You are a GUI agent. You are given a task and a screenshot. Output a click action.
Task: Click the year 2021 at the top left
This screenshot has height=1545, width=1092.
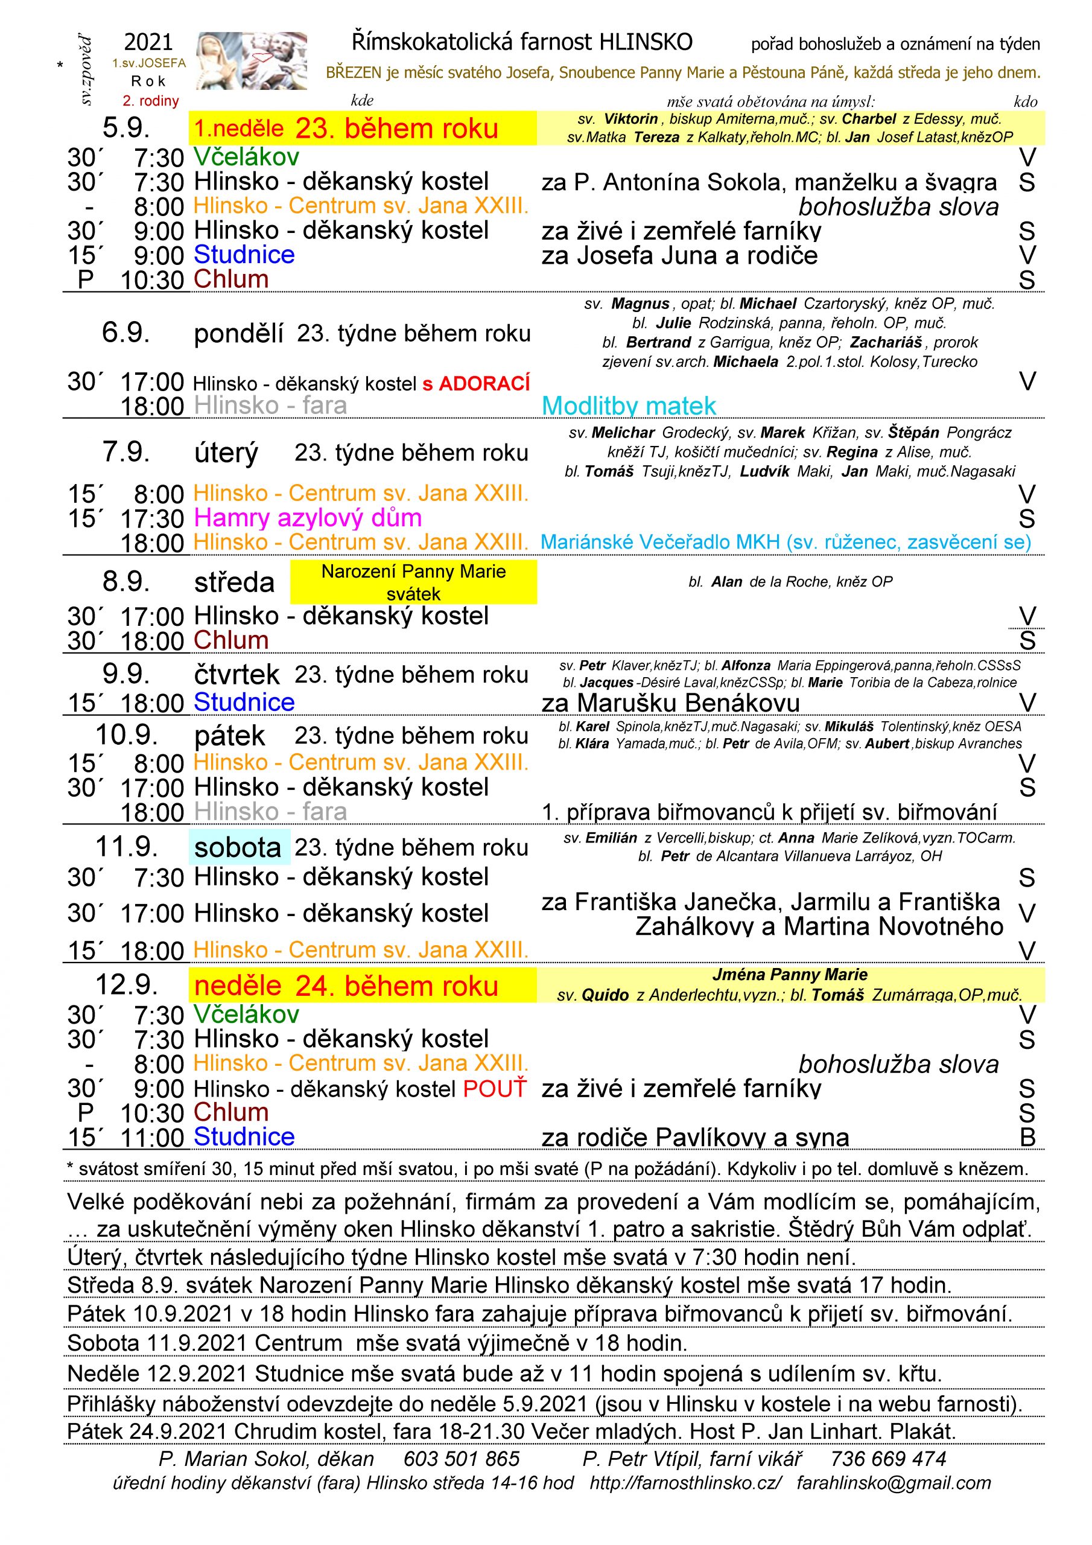point(148,43)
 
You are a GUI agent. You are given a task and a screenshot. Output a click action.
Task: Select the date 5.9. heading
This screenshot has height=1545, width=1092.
point(126,128)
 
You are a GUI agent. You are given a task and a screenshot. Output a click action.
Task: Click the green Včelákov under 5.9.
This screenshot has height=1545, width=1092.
point(246,158)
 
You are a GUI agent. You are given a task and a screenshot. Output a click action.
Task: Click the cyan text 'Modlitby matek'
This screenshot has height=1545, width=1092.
point(629,406)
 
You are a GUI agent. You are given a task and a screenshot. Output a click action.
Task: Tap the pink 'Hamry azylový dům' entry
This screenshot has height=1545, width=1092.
point(308,518)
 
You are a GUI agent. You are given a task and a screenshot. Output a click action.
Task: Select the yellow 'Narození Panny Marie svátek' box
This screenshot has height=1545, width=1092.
point(413,582)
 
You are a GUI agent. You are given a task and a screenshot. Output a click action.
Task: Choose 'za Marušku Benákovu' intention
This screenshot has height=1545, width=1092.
point(670,703)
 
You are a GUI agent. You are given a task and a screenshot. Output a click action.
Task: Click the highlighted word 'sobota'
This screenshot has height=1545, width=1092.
point(238,847)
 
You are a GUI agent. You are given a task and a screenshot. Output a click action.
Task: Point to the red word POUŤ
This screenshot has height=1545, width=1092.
point(495,1089)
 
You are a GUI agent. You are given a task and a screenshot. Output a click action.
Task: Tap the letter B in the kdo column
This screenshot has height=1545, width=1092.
point(1027,1137)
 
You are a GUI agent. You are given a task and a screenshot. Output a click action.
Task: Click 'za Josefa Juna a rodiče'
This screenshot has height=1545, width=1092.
point(679,256)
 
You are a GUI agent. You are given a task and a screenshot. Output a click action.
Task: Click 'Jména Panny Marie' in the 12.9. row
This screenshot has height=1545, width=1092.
point(789,975)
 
